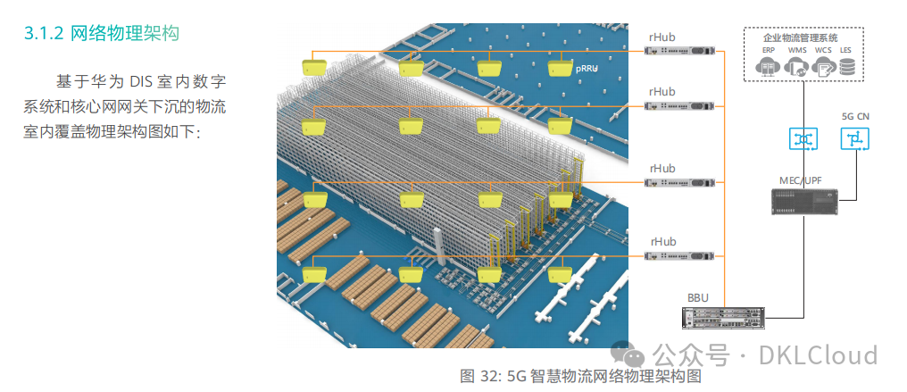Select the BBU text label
pos(698,296)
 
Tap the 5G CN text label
pos(855,117)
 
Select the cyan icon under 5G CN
pos(854,139)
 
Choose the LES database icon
pos(845,66)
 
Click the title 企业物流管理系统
pos(800,38)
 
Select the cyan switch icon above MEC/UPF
pos(803,139)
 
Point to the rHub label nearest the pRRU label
pos(662,37)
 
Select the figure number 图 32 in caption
pos(478,376)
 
